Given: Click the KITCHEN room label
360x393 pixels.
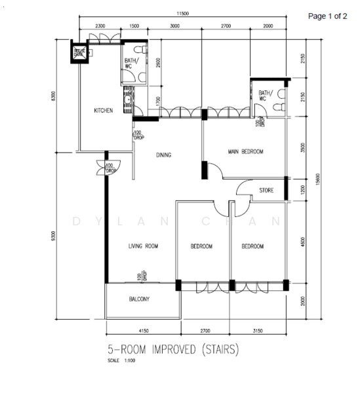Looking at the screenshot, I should click(104, 111).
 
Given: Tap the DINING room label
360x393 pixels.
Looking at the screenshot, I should click(163, 155).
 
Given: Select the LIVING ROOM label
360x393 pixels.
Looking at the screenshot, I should click(143, 246).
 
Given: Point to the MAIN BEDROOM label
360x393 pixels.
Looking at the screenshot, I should click(245, 152).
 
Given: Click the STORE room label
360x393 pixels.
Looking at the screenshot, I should click(266, 191).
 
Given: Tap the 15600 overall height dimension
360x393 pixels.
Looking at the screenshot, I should click(318, 179).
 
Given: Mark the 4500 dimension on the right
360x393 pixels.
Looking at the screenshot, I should click(302, 242).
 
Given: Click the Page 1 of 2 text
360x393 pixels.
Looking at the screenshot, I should click(328, 16).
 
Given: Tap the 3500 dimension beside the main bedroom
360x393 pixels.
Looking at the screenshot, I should click(302, 149).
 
